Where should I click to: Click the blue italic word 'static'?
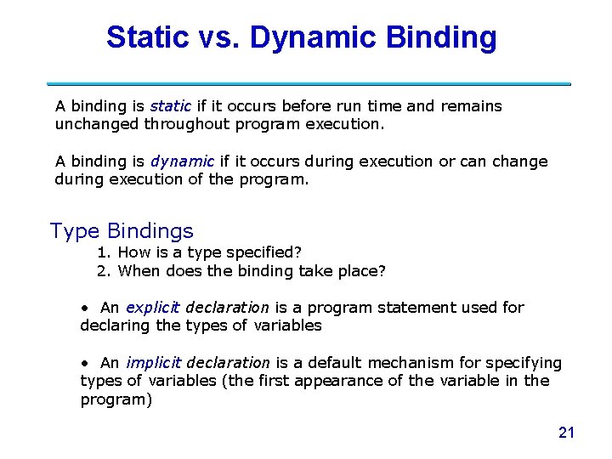[170, 106]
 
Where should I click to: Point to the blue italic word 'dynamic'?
[182, 161]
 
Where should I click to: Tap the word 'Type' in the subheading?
[75, 230]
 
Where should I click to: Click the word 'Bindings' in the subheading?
[150, 230]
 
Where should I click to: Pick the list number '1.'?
[105, 252]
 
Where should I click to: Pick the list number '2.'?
[105, 271]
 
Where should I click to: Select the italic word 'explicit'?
[153, 308]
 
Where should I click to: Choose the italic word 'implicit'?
[153, 363]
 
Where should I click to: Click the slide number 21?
[566, 433]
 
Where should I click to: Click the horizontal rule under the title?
[308, 84]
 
